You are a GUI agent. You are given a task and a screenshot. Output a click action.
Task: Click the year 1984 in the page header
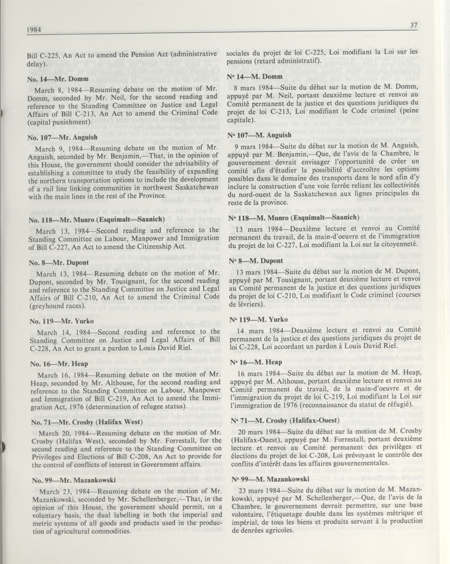(34, 30)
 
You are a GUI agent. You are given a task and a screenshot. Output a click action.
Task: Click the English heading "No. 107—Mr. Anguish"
(62, 137)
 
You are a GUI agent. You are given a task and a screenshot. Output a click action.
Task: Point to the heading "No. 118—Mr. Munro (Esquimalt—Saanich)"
(96, 219)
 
